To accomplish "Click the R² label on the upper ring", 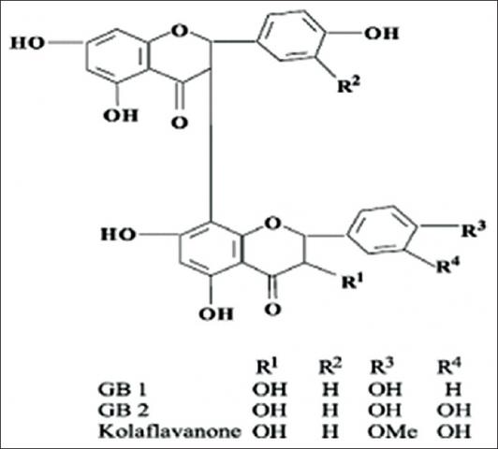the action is tap(349, 84).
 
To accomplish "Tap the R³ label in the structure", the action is tap(474, 230).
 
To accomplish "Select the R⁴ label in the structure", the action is tap(448, 265).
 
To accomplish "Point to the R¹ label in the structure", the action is tap(353, 281).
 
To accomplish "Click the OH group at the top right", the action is tap(381, 34).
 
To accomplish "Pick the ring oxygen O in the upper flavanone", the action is tap(179, 31).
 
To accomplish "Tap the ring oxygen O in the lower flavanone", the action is tap(272, 224).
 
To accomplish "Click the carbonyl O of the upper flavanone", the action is tap(180, 123).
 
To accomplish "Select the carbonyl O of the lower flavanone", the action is tap(272, 309).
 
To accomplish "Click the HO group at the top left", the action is tap(27, 43).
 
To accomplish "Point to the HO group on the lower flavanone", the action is tap(119, 235).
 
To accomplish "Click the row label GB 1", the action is tap(123, 389).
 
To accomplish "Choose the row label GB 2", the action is tap(124, 410).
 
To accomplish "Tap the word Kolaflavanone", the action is tap(169, 431).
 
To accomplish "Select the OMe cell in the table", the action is tap(392, 431).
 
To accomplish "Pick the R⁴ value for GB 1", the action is tap(453, 389).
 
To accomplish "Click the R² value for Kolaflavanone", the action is tap(330, 431).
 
